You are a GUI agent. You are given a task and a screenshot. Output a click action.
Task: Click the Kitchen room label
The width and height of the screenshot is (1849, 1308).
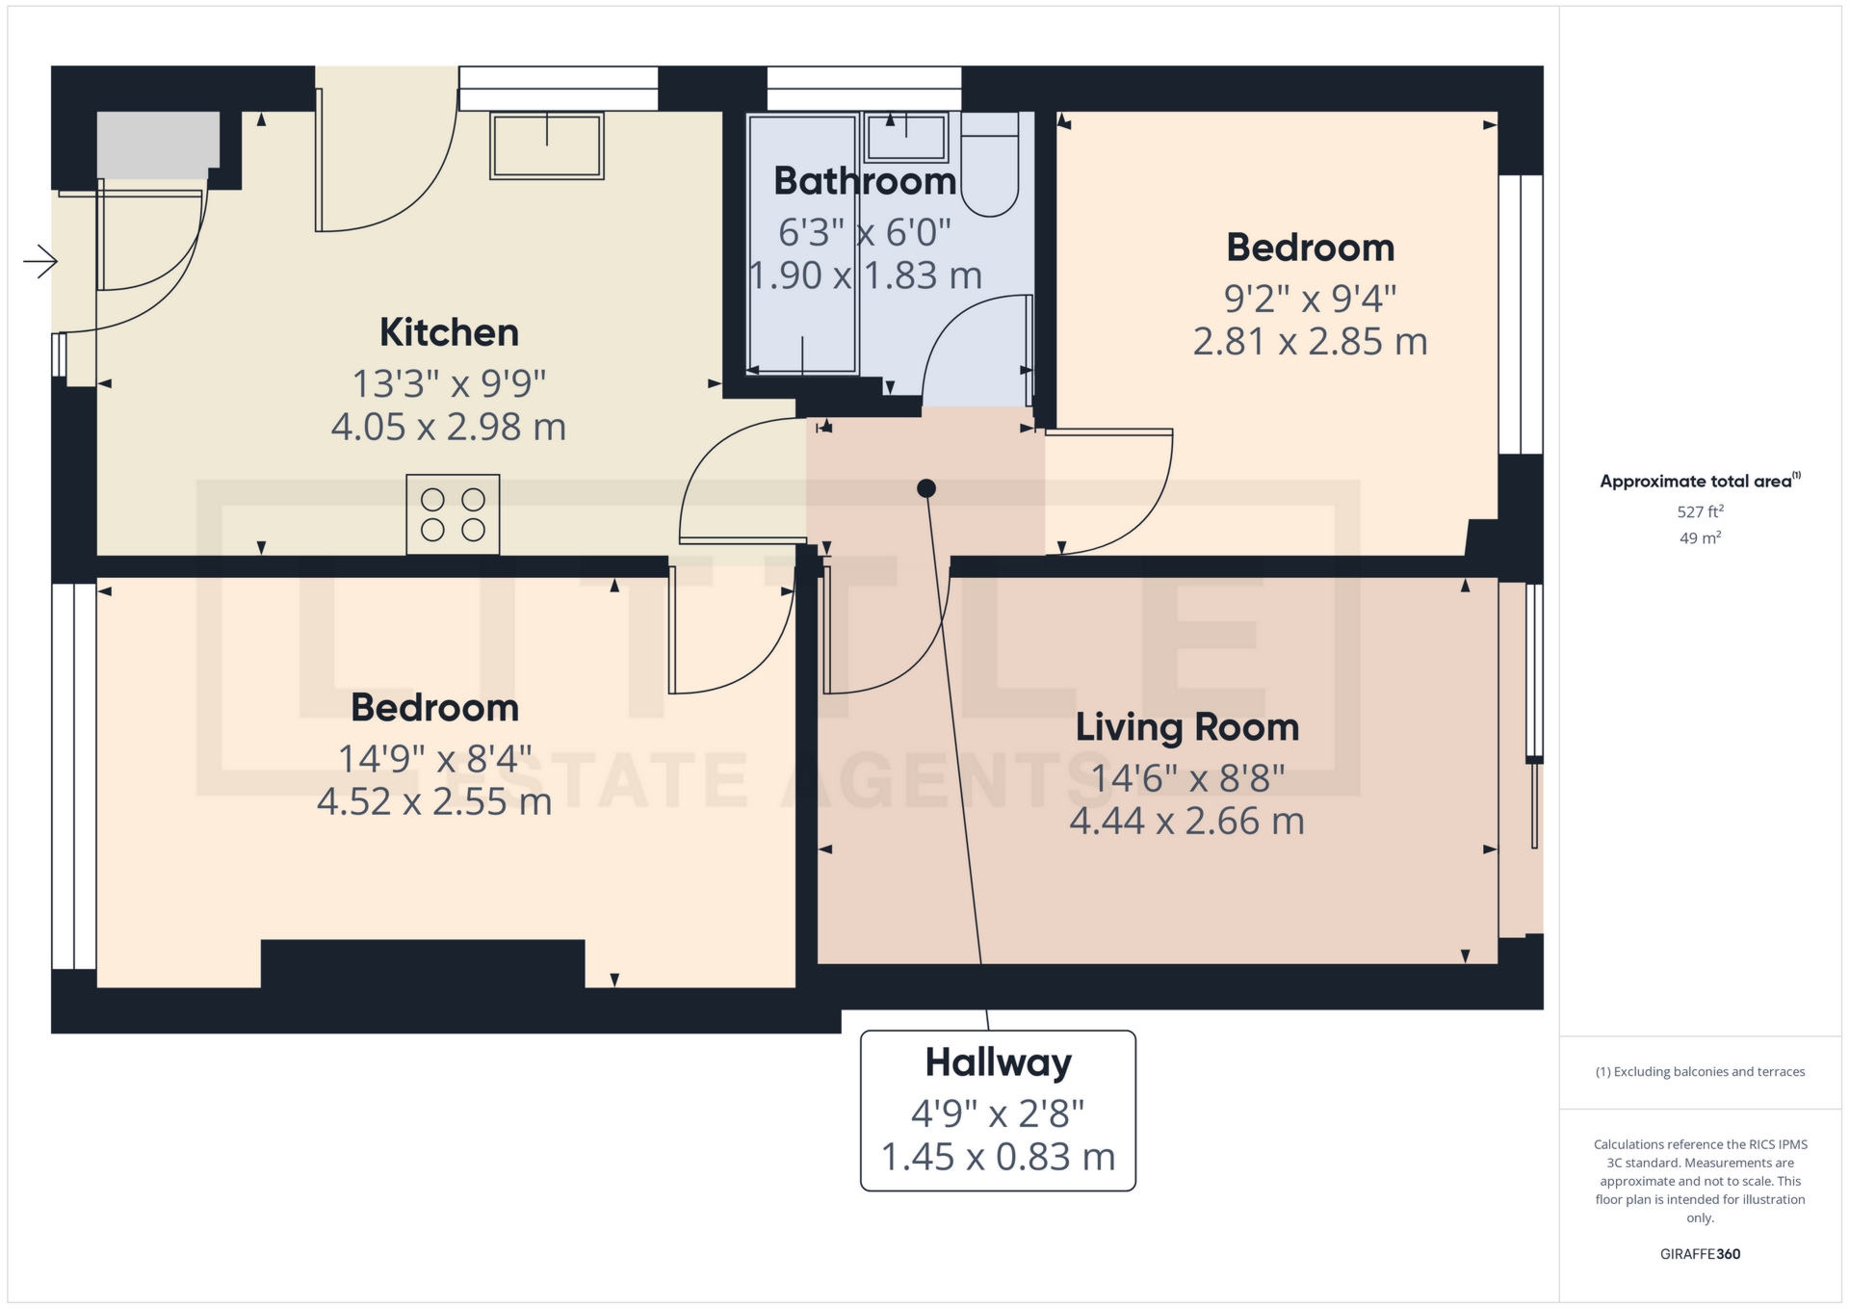click(449, 332)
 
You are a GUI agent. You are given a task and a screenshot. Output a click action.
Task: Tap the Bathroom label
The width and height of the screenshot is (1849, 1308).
click(865, 181)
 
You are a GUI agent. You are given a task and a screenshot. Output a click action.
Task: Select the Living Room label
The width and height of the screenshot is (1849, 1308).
click(1187, 727)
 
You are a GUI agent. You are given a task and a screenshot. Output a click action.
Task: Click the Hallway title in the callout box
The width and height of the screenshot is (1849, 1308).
click(999, 1062)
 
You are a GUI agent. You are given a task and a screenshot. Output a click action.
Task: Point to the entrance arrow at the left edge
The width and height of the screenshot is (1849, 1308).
click(40, 261)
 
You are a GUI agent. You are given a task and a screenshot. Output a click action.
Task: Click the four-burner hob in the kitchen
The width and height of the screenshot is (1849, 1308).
click(453, 514)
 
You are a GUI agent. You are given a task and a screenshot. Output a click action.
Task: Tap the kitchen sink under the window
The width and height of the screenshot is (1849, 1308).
click(547, 145)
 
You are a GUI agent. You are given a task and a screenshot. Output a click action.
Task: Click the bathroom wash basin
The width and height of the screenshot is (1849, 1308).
click(905, 137)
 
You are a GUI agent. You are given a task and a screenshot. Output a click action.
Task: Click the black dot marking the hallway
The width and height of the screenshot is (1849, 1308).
click(926, 488)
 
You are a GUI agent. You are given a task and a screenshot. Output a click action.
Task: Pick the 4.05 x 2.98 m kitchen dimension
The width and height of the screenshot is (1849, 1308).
click(449, 427)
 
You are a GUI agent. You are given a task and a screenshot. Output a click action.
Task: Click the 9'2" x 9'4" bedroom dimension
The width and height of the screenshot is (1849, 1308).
click(1311, 299)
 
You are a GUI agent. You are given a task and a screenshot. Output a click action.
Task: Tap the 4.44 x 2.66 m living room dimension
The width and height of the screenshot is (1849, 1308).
click(1187, 822)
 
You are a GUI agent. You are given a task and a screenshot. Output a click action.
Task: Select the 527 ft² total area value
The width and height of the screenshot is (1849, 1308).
click(1701, 511)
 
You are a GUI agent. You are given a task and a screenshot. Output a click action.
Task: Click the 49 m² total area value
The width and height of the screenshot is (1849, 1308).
click(1701, 537)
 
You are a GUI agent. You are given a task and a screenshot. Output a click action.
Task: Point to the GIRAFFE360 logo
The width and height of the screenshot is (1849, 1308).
click(1701, 1254)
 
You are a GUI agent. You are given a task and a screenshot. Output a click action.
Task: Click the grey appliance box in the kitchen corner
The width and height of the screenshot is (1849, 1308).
click(158, 144)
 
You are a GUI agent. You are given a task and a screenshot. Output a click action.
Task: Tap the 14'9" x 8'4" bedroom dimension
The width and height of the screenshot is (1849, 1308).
click(434, 759)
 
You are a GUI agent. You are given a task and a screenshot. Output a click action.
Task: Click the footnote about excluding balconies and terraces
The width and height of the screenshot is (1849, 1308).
click(1701, 1072)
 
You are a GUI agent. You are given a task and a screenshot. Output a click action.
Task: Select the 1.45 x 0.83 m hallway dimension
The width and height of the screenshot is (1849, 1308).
click(999, 1157)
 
